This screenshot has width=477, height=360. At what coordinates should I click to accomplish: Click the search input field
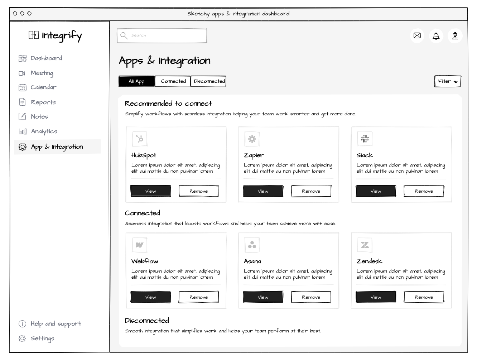pos(162,36)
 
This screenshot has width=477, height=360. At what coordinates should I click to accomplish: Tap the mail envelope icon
pos(417,35)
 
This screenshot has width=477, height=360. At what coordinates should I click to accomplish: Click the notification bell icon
pos(436,36)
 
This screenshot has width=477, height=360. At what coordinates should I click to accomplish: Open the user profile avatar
pos(455,36)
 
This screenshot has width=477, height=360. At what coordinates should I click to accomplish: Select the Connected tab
pos(173,81)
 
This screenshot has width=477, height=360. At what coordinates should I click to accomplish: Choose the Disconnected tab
pos(208,81)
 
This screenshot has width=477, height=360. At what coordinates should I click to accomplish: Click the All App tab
pos(137,81)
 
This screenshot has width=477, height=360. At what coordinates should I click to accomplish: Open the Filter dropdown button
pos(448,81)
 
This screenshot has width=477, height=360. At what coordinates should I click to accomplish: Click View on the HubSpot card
pos(151,191)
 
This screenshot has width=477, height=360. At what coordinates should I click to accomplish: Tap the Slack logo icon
pos(365,139)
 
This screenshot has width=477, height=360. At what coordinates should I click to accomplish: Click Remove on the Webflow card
pos(199,297)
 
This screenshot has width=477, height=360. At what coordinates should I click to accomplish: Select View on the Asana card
pos(263,297)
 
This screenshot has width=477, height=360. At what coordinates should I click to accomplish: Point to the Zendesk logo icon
pos(365,245)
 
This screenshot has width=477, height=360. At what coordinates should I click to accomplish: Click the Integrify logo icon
pos(34,35)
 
